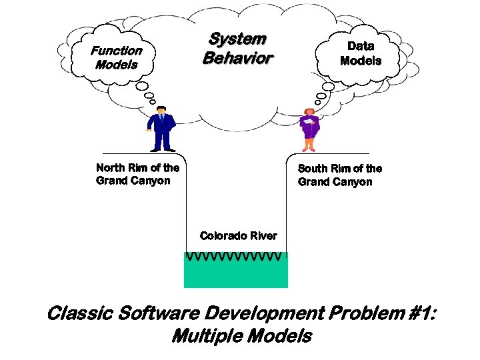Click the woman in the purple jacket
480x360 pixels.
coord(309,130)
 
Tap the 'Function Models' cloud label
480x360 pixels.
coord(117,57)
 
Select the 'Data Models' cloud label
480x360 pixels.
coord(361,53)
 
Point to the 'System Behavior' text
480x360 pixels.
coord(237,49)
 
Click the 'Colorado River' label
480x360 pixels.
coord(238,235)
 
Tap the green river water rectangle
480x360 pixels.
coord(235,274)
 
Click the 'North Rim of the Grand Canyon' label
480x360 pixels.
coord(137,174)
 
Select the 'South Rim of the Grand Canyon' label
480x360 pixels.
coord(339,175)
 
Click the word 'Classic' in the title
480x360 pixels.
coord(74,313)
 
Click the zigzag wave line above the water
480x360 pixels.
coord(235,257)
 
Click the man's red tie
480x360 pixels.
coord(161,119)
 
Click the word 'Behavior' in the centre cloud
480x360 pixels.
coord(237,58)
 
